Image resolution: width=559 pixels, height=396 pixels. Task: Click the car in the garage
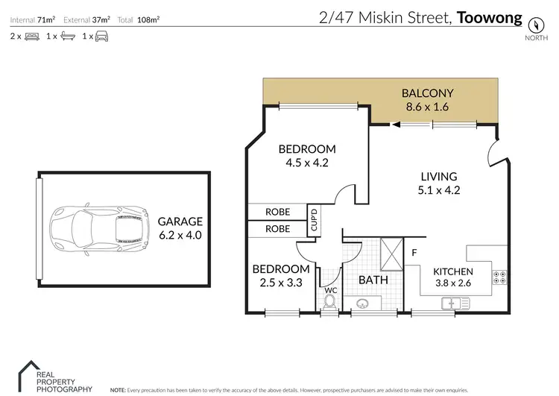89,227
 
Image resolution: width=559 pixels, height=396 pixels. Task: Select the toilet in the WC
329,301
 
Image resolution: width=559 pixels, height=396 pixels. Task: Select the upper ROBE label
278,213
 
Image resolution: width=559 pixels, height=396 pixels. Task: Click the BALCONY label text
427,94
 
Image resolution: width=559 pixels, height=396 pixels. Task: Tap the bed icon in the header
31,36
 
